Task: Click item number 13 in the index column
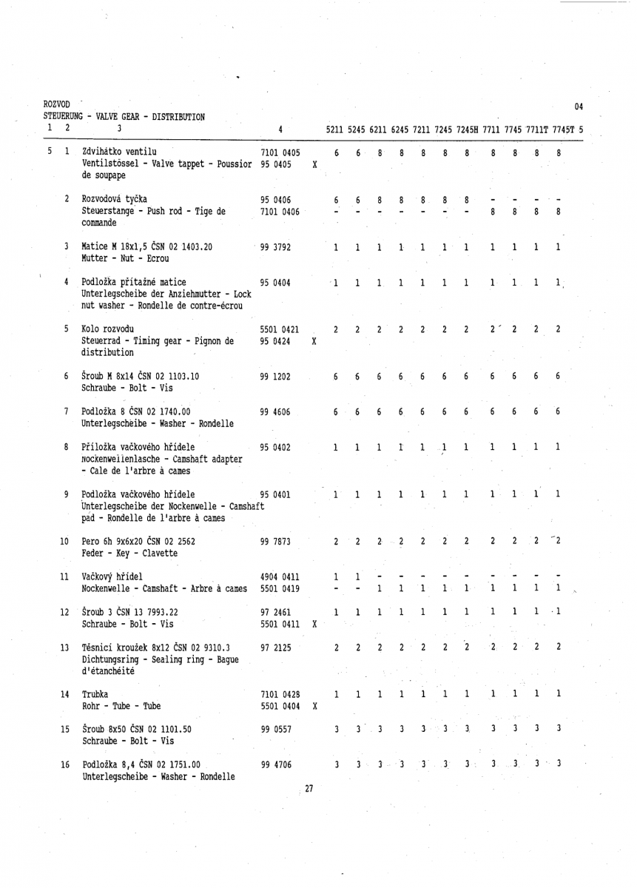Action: [65, 628]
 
